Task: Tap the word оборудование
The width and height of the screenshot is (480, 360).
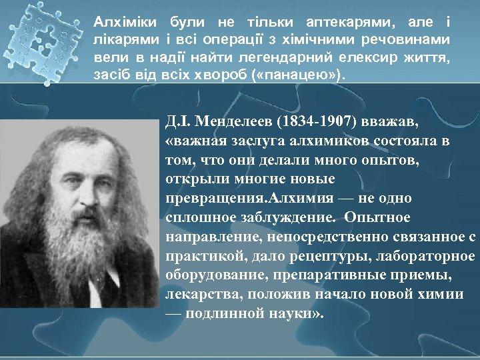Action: [x=213, y=275]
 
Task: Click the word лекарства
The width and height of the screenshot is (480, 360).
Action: [x=197, y=293]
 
